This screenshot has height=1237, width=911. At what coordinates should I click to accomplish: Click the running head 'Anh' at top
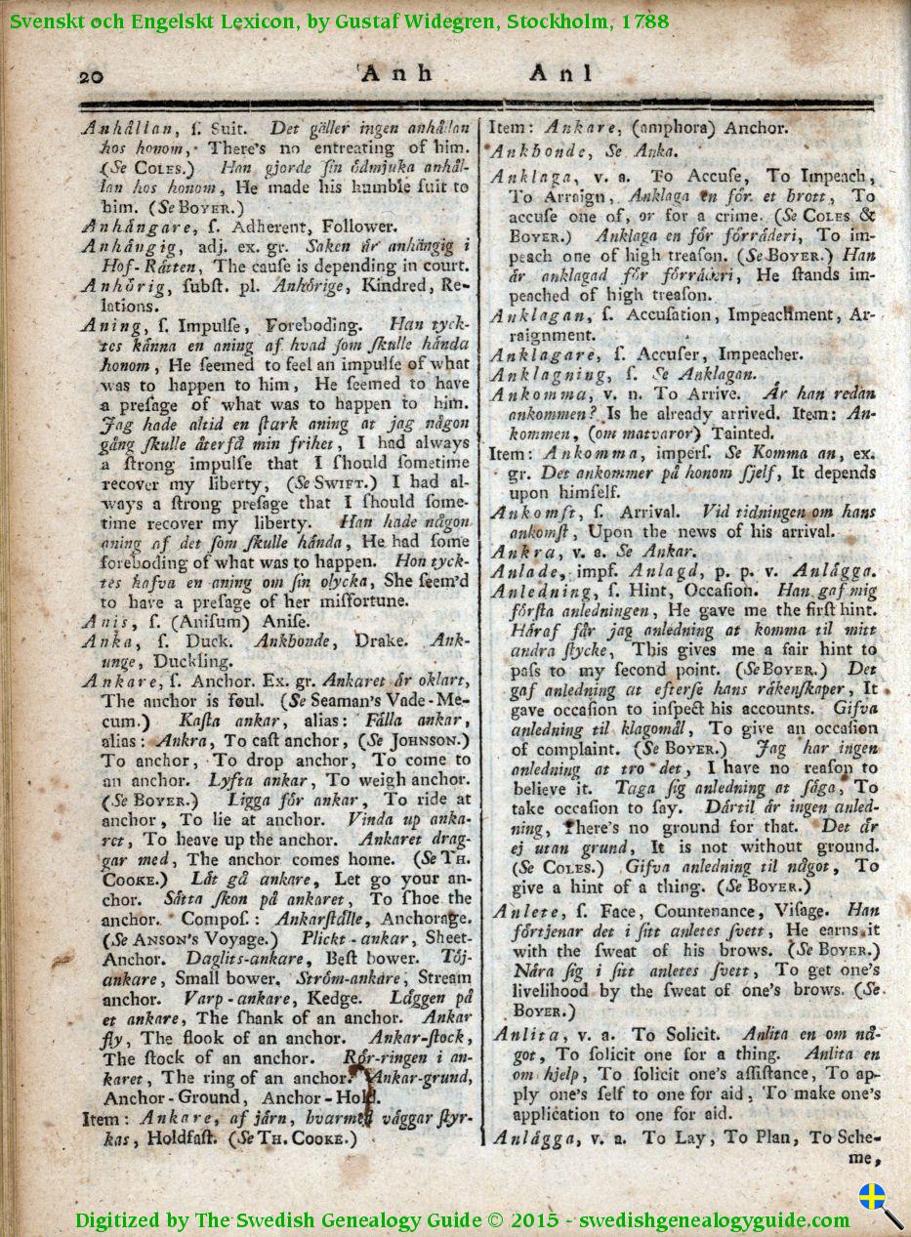[390, 72]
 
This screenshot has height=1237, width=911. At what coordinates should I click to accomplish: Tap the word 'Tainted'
[742, 433]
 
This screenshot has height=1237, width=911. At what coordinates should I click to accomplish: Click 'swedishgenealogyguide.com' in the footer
[715, 1219]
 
